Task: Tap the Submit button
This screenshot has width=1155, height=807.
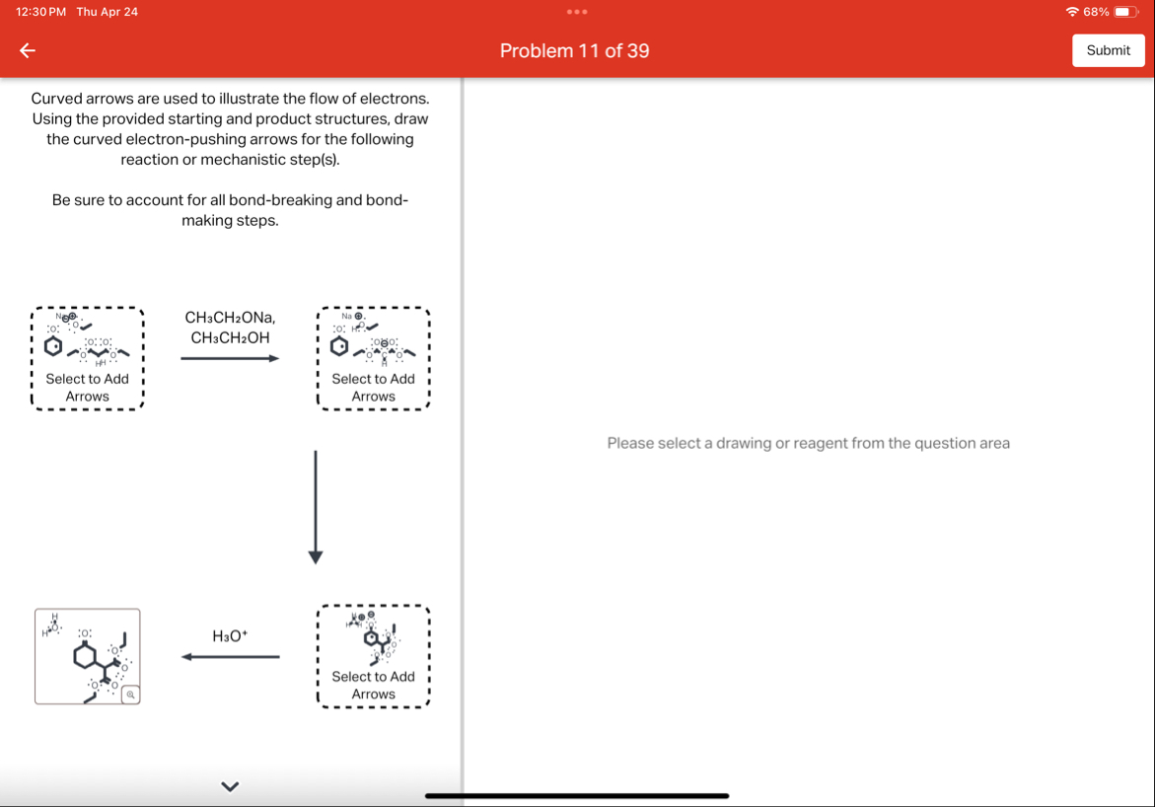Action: coord(1108,50)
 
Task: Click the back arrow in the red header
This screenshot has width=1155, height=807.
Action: coord(28,51)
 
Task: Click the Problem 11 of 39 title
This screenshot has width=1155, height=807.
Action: coord(574,51)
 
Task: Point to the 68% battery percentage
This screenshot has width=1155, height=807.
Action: coord(1096,12)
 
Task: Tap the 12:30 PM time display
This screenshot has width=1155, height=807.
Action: coord(41,12)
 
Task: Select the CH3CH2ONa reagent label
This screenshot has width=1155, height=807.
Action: coord(230,318)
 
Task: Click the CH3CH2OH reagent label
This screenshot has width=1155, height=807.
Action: coord(230,338)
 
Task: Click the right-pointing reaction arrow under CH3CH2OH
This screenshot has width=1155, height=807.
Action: coord(230,358)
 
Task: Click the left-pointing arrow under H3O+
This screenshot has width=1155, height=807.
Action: coord(230,657)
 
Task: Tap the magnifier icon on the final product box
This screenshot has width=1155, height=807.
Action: coord(129,695)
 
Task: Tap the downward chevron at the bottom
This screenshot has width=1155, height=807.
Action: coord(230,786)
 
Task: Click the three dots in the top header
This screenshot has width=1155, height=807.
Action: coord(577,12)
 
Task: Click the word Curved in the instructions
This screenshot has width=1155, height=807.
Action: coord(58,99)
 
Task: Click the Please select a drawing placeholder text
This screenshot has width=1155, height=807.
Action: coord(808,443)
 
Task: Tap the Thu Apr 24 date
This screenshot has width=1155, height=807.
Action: coord(108,12)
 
